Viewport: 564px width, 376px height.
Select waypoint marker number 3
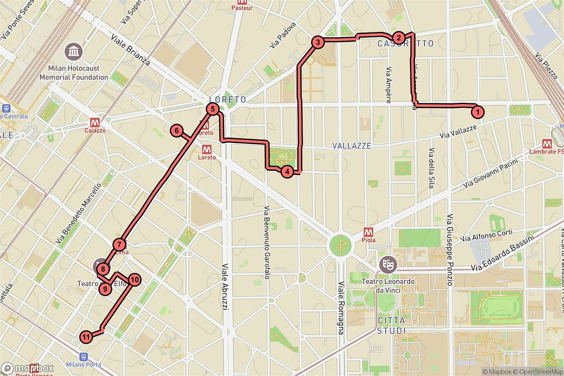coord(318,43)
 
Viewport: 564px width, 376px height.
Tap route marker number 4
coord(287,172)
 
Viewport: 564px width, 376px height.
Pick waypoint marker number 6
coord(176,131)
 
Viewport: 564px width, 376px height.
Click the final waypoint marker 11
coord(86,336)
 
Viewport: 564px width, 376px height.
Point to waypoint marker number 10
coord(134,280)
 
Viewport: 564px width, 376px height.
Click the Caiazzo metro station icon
coord(92,121)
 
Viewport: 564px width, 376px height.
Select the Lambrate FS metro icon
coord(547,143)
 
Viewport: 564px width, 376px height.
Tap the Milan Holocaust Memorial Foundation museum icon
coord(74,50)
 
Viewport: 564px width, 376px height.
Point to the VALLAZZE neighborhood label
coord(352,146)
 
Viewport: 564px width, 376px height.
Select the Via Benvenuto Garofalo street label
coord(266,243)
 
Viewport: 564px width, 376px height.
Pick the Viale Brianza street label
coord(130,50)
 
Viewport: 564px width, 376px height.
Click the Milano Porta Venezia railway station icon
coord(84,357)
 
